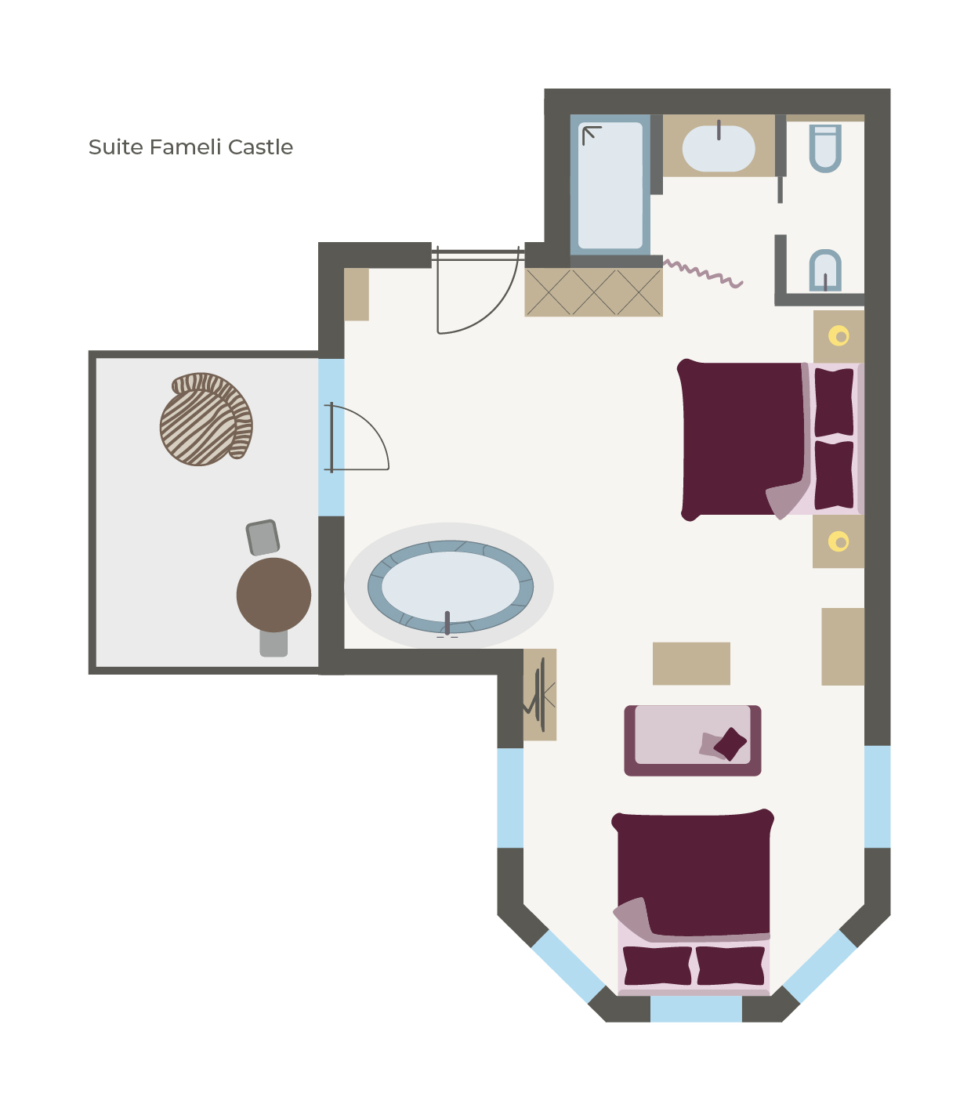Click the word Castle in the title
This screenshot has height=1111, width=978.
[x=260, y=147]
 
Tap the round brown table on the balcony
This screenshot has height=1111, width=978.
[x=273, y=595]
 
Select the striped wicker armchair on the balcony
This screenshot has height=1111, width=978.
[x=206, y=419]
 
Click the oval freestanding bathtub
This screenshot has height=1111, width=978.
[x=450, y=586]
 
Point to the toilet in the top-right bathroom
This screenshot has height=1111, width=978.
[x=825, y=148]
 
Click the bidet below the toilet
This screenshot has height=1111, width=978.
[x=825, y=270]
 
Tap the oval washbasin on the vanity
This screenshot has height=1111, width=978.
[x=719, y=148]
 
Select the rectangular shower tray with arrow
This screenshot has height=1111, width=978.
[x=610, y=185]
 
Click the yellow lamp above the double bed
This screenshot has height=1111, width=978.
[x=839, y=335]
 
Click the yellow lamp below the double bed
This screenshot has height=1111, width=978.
[x=839, y=542]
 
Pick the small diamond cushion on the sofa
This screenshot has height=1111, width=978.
[x=730, y=744]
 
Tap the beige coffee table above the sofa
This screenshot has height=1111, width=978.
[x=691, y=664]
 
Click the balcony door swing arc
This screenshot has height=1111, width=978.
[x=373, y=428]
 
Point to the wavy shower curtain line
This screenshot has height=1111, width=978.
[x=703, y=273]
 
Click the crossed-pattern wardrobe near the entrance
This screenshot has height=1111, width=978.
[x=593, y=292]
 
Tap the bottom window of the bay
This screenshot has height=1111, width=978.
[x=696, y=1009]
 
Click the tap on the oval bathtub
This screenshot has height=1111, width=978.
[x=447, y=624]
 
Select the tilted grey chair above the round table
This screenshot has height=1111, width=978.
[x=263, y=537]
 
